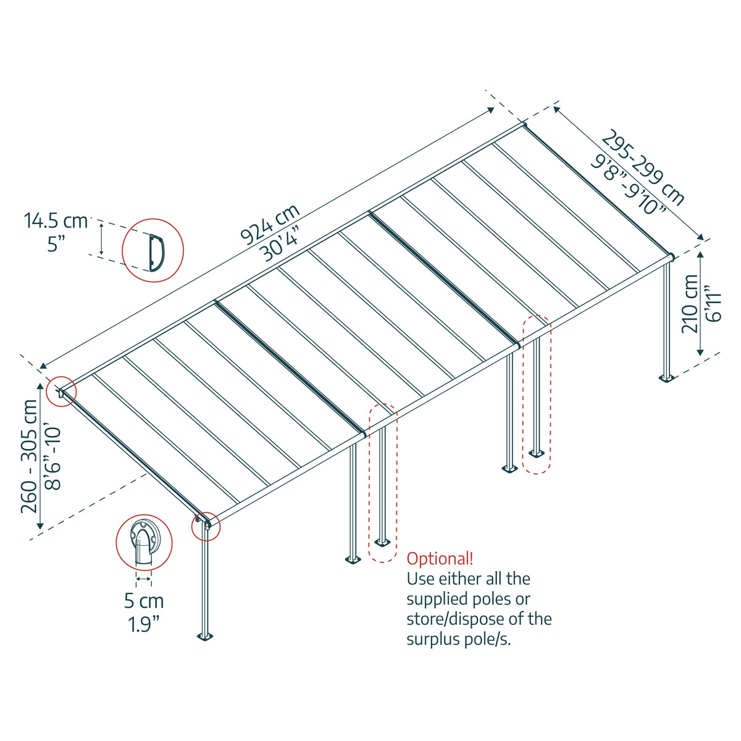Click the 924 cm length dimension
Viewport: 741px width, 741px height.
click(x=269, y=223)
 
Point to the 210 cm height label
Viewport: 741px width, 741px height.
click(x=690, y=303)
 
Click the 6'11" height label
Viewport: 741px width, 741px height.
click(x=713, y=303)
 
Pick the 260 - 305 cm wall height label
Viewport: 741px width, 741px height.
click(x=29, y=456)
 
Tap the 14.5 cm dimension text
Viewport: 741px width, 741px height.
click(x=56, y=220)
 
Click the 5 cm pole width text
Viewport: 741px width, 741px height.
click(x=144, y=600)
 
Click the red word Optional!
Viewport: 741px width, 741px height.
click(x=440, y=559)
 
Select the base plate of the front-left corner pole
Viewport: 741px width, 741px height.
click(x=204, y=637)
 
